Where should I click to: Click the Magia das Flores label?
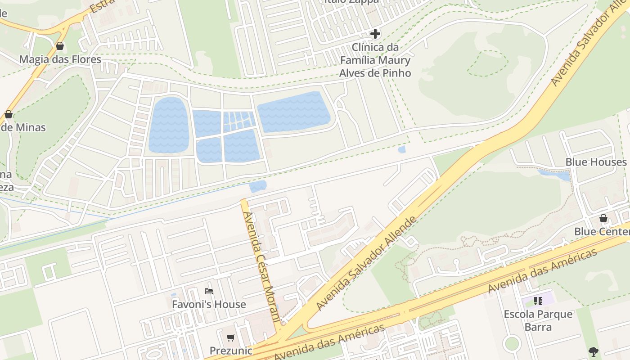click(x=60, y=59)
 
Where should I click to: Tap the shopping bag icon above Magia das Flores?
click(x=59, y=46)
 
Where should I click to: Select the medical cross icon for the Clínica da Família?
click(x=375, y=34)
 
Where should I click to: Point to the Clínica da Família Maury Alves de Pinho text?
click(x=375, y=60)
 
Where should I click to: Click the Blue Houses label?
click(x=596, y=162)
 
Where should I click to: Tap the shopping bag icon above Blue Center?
click(x=603, y=218)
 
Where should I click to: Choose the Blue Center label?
click(x=602, y=232)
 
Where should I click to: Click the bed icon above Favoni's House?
click(x=209, y=291)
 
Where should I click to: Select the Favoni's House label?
click(x=209, y=305)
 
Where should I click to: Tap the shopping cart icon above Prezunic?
click(x=230, y=337)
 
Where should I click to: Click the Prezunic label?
click(x=230, y=351)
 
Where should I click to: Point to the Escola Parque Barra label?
click(x=538, y=320)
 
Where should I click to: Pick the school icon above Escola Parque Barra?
click(x=538, y=301)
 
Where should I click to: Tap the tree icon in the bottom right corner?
click(x=594, y=351)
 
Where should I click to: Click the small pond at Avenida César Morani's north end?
click(x=258, y=186)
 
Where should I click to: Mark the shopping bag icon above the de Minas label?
click(x=9, y=114)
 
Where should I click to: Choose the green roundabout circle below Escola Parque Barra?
click(x=512, y=344)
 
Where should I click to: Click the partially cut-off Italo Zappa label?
click(x=351, y=2)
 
